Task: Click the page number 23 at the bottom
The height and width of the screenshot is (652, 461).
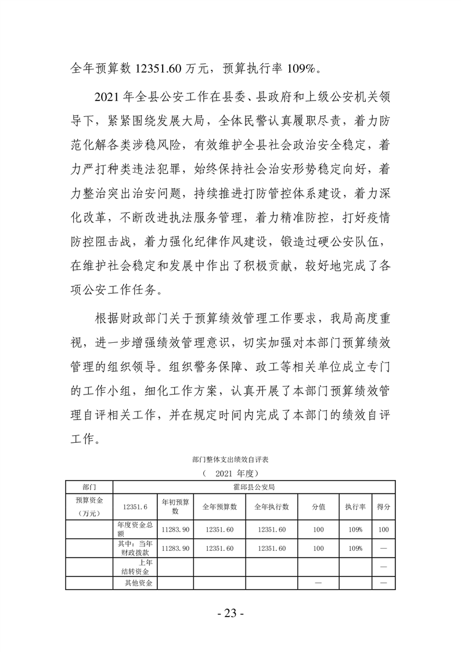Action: [x=230, y=614]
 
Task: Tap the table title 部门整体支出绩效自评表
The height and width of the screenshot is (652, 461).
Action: [x=230, y=459]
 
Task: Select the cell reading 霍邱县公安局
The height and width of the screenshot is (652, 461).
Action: [x=254, y=486]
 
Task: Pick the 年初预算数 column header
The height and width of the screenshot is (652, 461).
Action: [x=175, y=506]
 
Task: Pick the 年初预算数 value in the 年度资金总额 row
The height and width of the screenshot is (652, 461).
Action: [x=175, y=529]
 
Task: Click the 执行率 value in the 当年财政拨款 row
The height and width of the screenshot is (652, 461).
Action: [x=355, y=548]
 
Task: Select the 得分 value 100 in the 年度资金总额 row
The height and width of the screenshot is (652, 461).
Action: [x=384, y=529]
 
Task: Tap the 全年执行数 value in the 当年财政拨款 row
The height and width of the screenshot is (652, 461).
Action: [x=272, y=548]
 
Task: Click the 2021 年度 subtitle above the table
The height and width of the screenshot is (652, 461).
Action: [x=231, y=473]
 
